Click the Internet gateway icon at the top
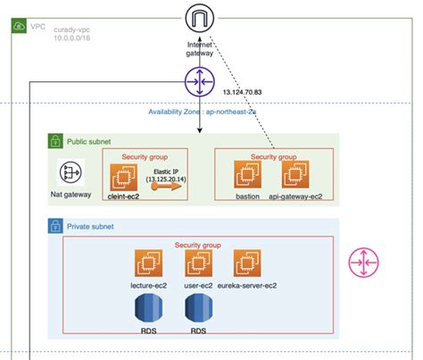(x=199, y=18)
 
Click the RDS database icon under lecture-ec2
(x=149, y=309)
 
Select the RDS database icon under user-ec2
(x=199, y=309)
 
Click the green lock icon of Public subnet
(x=55, y=140)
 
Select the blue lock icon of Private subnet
(x=55, y=227)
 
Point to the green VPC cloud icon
(x=19, y=28)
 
